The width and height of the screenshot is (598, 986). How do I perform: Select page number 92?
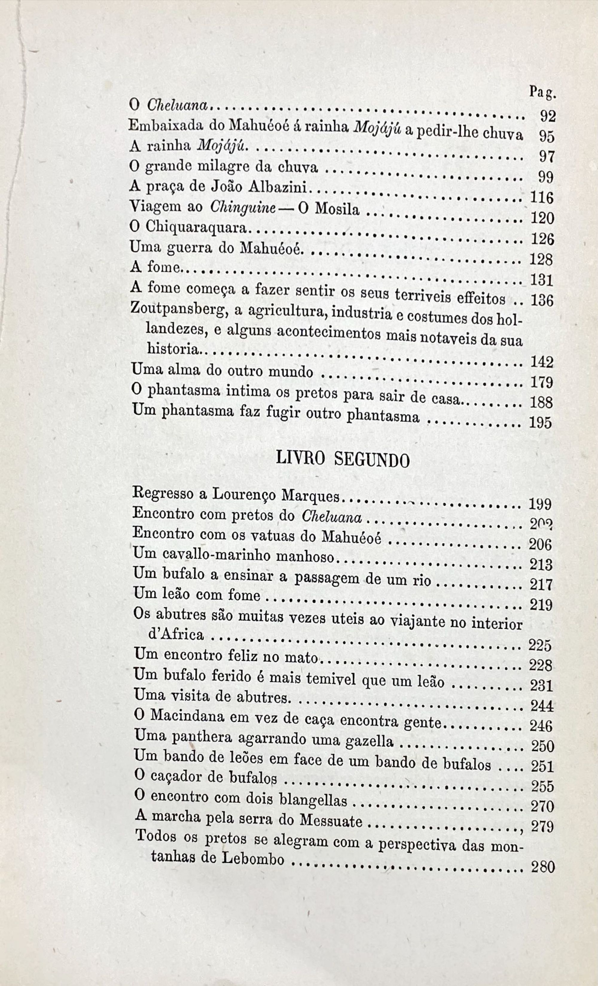tap(547, 116)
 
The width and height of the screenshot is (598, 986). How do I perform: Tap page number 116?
tap(541, 198)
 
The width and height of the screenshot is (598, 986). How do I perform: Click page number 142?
tap(541, 363)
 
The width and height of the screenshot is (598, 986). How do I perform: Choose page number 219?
tap(541, 605)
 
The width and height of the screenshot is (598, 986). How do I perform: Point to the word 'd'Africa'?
tap(176, 635)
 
